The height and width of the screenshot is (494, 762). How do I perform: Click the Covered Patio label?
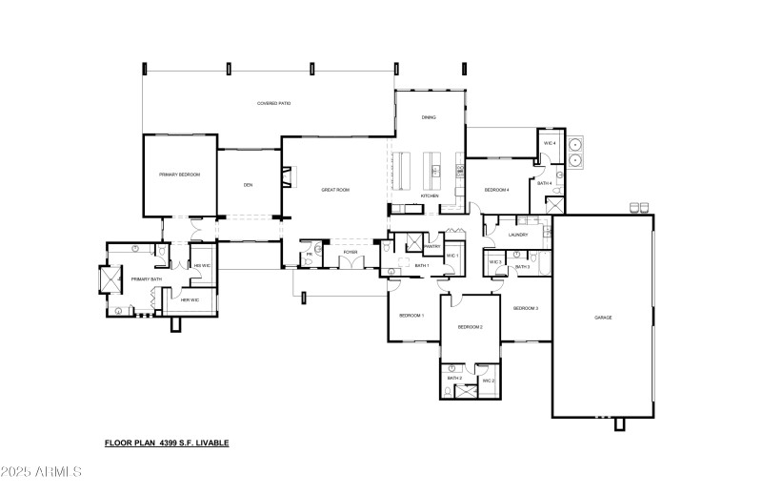click(273, 103)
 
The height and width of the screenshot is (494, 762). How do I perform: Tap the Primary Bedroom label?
click(179, 175)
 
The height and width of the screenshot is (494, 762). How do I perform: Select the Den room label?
click(248, 185)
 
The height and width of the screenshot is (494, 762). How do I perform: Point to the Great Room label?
click(335, 190)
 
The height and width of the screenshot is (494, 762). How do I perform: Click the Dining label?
click(429, 117)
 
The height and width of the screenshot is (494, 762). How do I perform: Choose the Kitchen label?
click(430, 196)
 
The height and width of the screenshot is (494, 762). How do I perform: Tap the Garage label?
click(603, 317)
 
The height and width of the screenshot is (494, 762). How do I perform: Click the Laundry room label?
click(518, 235)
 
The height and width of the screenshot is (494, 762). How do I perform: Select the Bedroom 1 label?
click(411, 315)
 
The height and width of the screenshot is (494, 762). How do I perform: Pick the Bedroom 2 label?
click(470, 327)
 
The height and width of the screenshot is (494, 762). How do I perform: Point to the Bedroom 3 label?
click(526, 308)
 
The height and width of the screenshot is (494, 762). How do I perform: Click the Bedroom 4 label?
click(496, 190)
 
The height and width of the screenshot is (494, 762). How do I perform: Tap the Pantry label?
click(431, 246)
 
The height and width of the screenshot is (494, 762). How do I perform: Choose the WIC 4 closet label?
click(549, 143)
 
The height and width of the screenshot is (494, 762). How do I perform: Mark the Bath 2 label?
click(454, 380)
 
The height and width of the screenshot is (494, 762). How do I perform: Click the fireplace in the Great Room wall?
click(289, 175)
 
